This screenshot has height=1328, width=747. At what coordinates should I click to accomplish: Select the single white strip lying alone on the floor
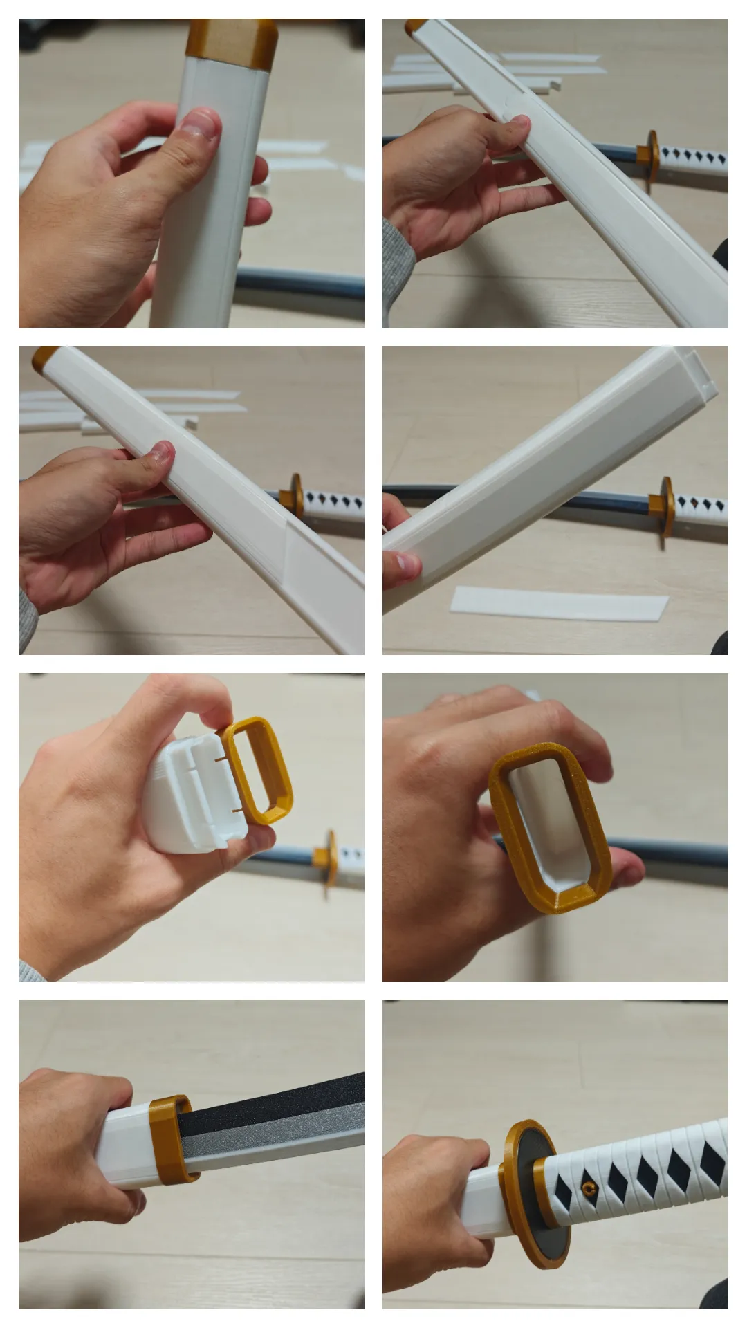(x=559, y=603)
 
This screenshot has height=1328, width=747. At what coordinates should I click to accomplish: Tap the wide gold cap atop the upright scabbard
(x=231, y=43)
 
